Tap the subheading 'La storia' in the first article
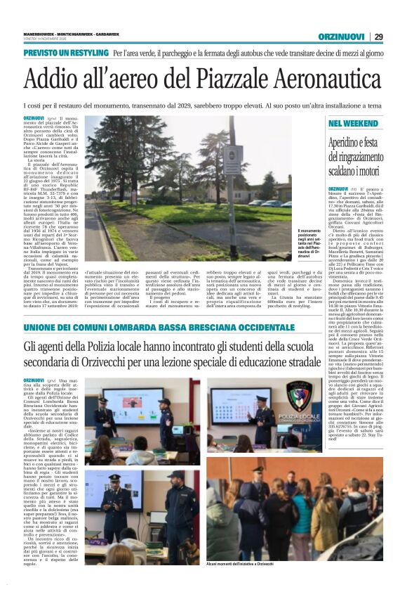(36, 161)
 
